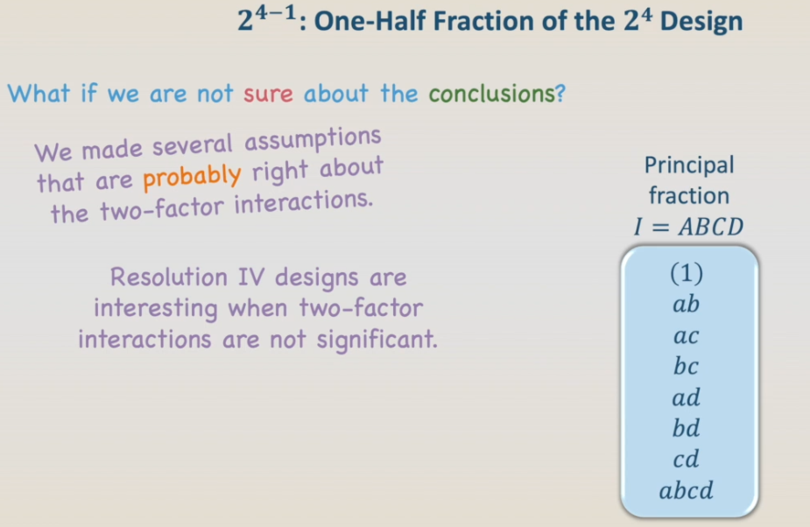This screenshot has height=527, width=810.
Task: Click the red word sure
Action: tap(268, 95)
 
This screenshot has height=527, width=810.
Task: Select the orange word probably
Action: tap(192, 177)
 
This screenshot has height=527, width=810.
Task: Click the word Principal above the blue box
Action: tap(689, 165)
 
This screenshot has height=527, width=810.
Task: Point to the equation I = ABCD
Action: tap(689, 227)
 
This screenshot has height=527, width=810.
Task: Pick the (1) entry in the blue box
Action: tap(687, 273)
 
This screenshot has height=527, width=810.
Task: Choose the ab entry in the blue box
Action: tap(686, 304)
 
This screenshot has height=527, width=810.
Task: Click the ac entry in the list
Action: tap(686, 336)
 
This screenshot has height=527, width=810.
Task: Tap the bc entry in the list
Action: tap(686, 366)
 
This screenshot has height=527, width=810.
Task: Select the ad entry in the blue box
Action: tap(686, 397)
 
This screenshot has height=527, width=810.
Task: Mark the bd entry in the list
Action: tap(686, 428)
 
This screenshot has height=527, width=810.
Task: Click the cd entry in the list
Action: tap(686, 459)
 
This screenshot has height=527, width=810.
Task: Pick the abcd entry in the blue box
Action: tap(686, 490)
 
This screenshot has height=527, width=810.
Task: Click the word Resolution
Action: tap(168, 277)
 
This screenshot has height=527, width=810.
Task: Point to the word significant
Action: tap(377, 340)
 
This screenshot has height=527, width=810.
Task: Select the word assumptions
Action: tap(313, 139)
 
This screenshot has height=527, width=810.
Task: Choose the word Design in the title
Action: tap(701, 22)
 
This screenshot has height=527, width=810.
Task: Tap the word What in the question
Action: tap(39, 94)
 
